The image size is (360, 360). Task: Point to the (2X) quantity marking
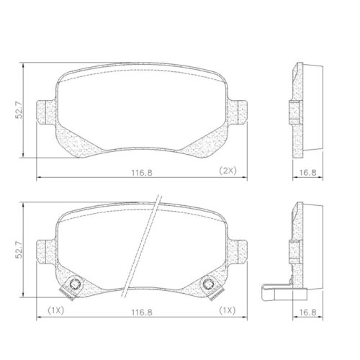click(x=228, y=171)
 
